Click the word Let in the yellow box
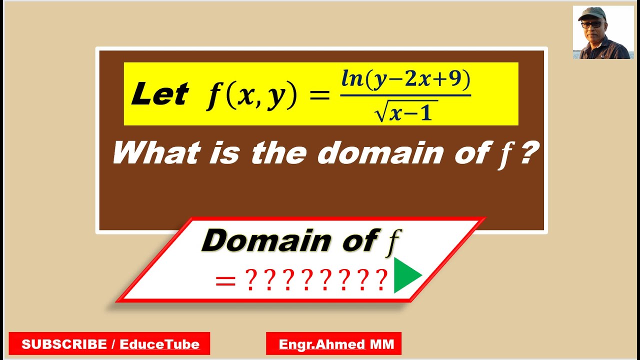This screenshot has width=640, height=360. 159,94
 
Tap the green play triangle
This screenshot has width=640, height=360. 405,275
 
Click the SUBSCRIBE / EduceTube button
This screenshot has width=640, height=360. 110,344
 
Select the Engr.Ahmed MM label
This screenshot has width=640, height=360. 333,344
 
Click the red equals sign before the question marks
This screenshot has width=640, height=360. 225,281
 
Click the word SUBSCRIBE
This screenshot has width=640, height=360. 64,344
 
